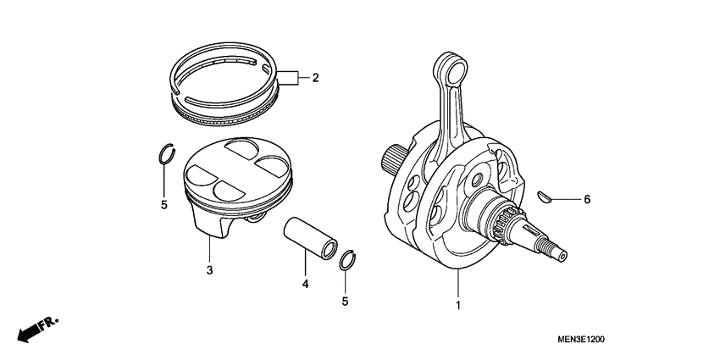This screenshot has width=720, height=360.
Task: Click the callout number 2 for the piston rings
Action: point(315,79)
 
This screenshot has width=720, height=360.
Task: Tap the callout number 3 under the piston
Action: point(208,270)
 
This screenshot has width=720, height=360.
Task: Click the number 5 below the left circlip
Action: point(164,203)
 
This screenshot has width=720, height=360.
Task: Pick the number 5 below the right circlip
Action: point(345,301)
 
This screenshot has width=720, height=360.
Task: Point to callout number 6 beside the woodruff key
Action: point(586,200)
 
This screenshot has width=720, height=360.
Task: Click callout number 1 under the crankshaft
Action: point(458,304)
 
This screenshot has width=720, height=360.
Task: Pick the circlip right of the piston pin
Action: point(346,260)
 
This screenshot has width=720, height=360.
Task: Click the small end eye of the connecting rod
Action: point(451,65)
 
